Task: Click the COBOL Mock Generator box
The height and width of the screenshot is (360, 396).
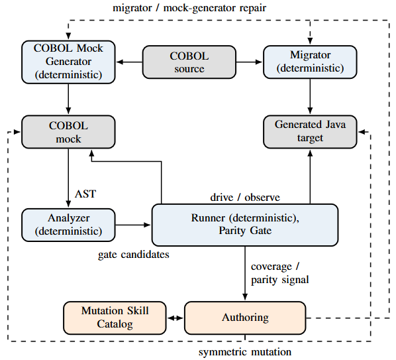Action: [x=68, y=62]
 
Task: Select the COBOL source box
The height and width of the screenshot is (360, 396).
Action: [x=189, y=62]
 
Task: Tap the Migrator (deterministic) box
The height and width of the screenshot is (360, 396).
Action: [x=310, y=62]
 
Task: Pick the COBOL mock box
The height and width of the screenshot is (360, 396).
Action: [x=68, y=132]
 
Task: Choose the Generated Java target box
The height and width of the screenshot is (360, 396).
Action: [x=310, y=132]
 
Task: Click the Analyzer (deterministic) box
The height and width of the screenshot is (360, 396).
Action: [x=68, y=225]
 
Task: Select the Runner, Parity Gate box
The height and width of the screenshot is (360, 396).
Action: [x=245, y=225]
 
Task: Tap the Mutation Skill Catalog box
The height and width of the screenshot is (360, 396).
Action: [x=115, y=318]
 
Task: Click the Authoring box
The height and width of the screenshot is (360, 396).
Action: [x=245, y=318]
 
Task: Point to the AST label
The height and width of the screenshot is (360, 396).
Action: [x=85, y=194]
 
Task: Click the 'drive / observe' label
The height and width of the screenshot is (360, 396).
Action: [x=245, y=198]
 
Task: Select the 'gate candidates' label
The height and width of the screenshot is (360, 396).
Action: [x=134, y=255]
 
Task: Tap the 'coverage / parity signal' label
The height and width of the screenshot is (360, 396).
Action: [x=280, y=273]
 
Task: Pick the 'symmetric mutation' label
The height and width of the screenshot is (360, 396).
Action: [x=245, y=352]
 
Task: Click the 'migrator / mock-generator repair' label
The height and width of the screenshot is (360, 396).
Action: [x=189, y=8]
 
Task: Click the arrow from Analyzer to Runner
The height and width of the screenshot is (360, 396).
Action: [x=133, y=225]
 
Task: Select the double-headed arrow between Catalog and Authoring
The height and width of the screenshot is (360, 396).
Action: [x=175, y=318]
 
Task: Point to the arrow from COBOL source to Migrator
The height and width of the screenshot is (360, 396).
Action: [x=250, y=62]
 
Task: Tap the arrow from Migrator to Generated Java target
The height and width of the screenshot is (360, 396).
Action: [x=310, y=97]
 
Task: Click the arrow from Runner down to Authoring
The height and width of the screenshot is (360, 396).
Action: [x=245, y=273]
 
